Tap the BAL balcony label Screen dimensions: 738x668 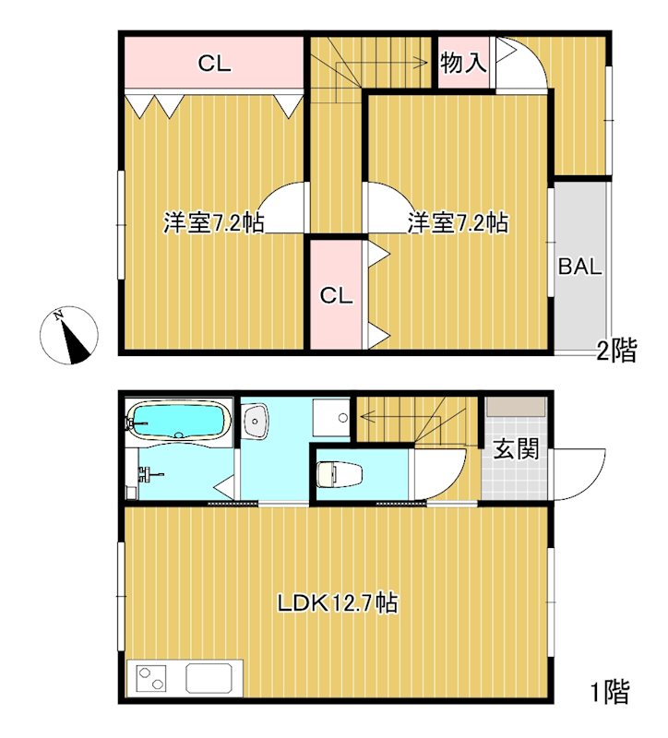click(579, 268)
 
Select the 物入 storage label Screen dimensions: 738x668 click(462, 64)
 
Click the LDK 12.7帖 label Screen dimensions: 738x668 click(338, 603)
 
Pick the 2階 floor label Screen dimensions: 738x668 click(615, 351)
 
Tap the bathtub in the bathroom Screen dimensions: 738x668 click(179, 423)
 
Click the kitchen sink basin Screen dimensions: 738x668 click(212, 679)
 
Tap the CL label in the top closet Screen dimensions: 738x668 click(214, 65)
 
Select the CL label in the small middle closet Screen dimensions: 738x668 click(336, 295)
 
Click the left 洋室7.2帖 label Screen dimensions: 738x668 click(213, 222)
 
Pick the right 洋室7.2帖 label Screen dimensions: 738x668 click(458, 222)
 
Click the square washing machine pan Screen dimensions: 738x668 click(330, 418)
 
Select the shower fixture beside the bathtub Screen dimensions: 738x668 click(146, 476)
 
